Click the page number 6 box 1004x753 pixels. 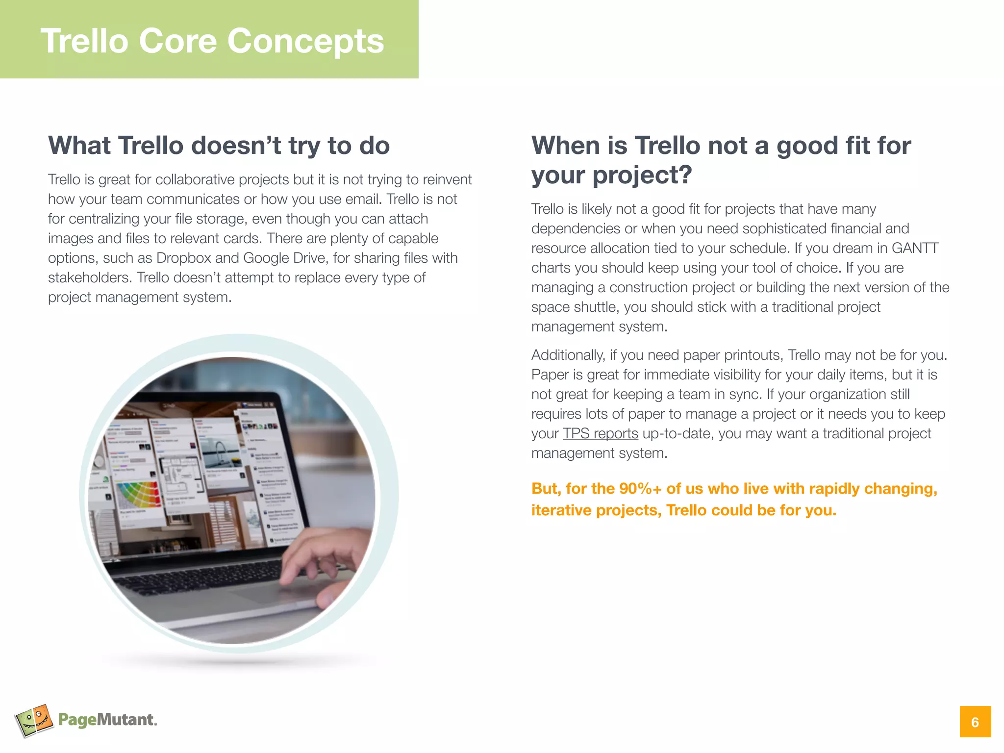(975, 722)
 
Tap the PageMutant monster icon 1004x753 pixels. (33, 720)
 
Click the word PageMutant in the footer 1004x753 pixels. (106, 720)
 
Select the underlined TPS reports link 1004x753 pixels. (600, 433)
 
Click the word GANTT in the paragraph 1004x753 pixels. (915, 248)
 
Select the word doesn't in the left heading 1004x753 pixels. (236, 146)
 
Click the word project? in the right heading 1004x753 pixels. (642, 175)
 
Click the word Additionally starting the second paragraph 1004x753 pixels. (568, 355)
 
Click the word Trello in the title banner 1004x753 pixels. (84, 41)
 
